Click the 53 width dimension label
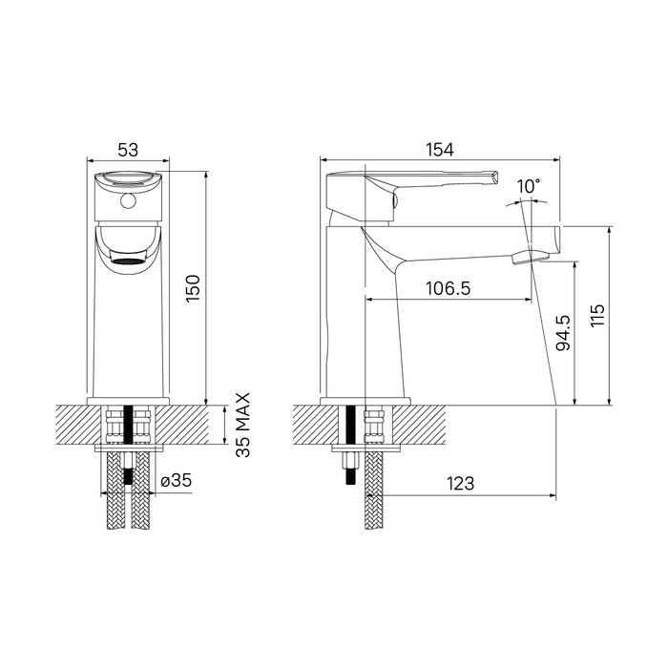pyautogui.click(x=128, y=150)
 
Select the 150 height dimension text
pyautogui.click(x=193, y=289)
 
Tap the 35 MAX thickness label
pyautogui.click(x=243, y=426)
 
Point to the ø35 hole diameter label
pyautogui.click(x=177, y=481)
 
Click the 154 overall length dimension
pyautogui.click(x=440, y=150)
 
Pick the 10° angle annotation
pyautogui.click(x=529, y=186)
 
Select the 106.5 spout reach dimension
pyautogui.click(x=449, y=288)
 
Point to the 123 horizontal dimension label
pyautogui.click(x=461, y=484)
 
